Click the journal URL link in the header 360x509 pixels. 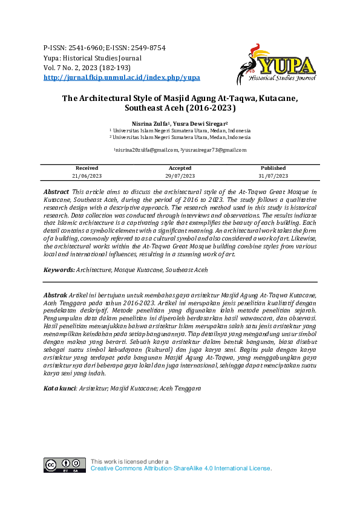click(x=122, y=78)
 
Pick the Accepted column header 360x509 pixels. click(x=180, y=168)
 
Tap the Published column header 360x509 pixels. click(x=273, y=168)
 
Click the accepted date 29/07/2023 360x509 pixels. click(x=180, y=175)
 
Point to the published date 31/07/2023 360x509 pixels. click(x=273, y=175)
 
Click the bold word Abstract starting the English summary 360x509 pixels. click(x=56, y=191)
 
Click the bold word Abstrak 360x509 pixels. click(x=56, y=293)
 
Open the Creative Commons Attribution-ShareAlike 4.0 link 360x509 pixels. click(x=180, y=468)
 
